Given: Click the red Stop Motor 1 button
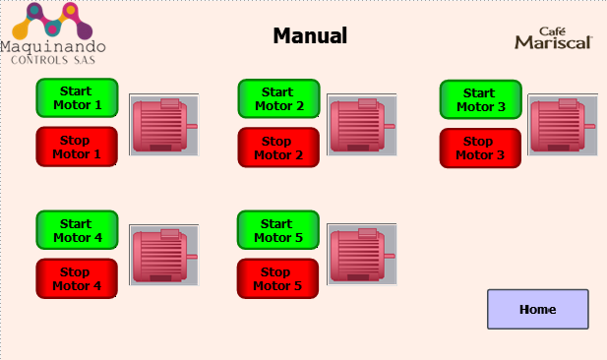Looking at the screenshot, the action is click(77, 147).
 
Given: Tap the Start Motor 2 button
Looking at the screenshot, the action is click(278, 98).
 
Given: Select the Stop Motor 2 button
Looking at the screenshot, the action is click(278, 148).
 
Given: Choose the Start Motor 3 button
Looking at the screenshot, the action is click(480, 99).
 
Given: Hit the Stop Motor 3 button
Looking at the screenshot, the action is click(480, 149).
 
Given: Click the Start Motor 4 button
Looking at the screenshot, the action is click(77, 230).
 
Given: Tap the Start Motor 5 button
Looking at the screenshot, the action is click(278, 230).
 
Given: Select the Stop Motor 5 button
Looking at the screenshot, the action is click(277, 278).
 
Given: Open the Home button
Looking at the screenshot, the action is click(538, 309).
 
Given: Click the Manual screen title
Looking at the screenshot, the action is click(310, 35).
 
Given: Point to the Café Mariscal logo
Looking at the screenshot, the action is click(554, 38).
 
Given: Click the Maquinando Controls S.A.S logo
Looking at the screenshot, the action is click(53, 33).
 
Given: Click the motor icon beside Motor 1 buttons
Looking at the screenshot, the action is click(164, 125).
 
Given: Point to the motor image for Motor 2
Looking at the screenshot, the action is click(362, 125).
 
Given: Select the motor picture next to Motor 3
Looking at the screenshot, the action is click(563, 125).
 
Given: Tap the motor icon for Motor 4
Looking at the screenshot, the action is click(164, 255).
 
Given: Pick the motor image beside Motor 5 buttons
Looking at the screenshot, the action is click(362, 255).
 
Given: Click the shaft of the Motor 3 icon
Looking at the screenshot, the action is click(589, 126).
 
